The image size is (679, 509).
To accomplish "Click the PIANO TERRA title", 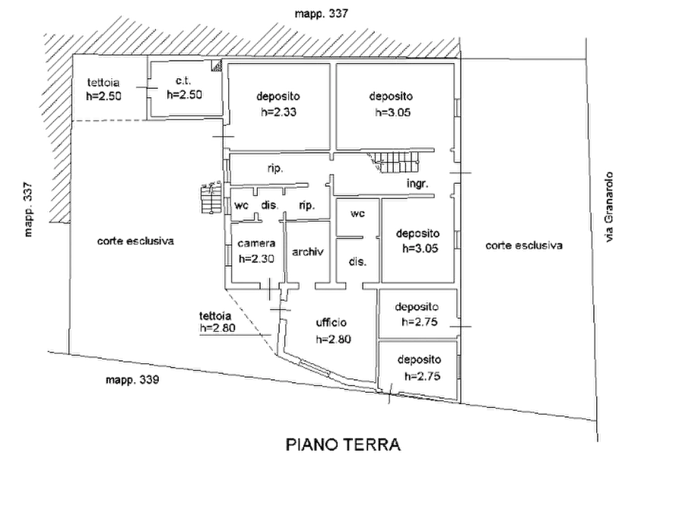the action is [343, 444].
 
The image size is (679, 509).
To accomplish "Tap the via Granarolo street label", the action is [609, 207].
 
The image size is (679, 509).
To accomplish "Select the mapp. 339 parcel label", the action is [132, 380].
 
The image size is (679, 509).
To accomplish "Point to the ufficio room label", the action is [332, 322].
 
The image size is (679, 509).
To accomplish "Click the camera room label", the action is [256, 243].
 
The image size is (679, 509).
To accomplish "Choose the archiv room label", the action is [307, 251].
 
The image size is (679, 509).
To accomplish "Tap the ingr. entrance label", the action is [417, 184].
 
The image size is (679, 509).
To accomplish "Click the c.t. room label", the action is [183, 81].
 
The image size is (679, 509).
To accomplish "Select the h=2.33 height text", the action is [278, 112].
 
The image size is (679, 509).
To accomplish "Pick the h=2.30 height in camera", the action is [256, 259].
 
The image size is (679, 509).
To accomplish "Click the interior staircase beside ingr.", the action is [394, 161].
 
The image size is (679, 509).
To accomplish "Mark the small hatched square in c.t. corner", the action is [216, 65].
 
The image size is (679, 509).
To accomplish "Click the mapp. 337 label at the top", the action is [322, 14].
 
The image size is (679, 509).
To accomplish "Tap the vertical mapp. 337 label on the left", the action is [28, 210].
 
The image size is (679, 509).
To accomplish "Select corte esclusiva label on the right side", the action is [524, 246].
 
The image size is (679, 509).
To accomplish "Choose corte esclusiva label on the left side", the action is [135, 241].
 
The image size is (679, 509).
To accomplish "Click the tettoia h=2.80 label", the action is [217, 322].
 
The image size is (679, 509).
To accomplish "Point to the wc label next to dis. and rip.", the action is [241, 205].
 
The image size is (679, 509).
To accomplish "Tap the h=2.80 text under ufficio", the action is [334, 340].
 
